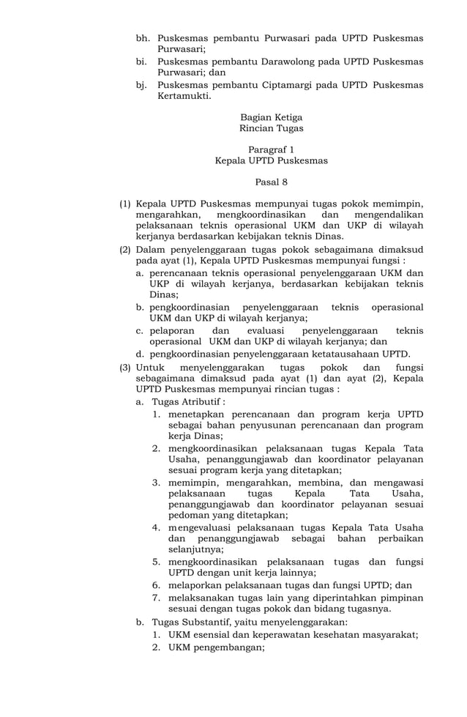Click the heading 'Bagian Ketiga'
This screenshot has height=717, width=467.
pos(271,117)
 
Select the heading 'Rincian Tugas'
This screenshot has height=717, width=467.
pos(271,129)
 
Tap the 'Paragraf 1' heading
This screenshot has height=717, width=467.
pos(271,149)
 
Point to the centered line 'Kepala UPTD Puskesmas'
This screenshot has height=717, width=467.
pos(271,160)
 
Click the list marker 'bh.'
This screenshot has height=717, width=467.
pos(143,38)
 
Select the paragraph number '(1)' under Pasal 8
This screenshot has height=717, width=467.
pos(126,203)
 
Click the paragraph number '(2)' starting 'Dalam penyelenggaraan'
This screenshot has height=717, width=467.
pos(126,249)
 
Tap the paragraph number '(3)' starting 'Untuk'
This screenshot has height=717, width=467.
pos(126,367)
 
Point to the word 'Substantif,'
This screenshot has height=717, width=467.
pos(209,622)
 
